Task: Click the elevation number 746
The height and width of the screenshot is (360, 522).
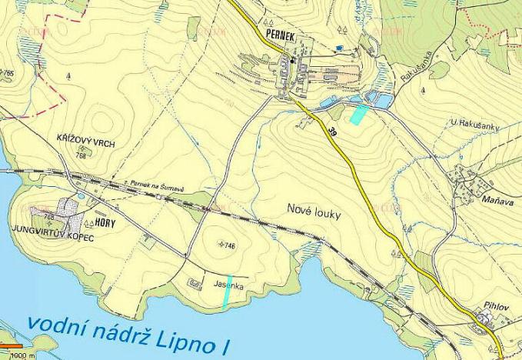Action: [228, 245]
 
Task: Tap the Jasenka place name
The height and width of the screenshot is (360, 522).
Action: [229, 285]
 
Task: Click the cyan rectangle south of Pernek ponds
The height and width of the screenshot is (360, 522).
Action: [358, 115]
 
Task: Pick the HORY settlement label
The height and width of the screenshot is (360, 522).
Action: [106, 222]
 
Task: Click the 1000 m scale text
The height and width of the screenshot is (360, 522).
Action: [24, 356]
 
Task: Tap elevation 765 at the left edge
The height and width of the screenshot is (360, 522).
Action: [8, 72]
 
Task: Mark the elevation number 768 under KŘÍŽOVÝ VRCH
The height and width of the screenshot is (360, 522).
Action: [81, 155]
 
